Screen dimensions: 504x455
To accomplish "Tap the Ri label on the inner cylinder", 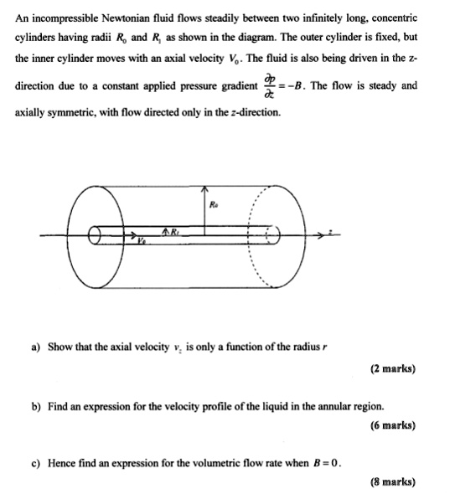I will coord(175,230).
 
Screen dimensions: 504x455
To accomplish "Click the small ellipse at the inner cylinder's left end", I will coord(99,237).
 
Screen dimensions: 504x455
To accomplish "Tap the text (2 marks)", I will coord(392,368).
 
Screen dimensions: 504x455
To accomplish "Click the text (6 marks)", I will coord(392,425).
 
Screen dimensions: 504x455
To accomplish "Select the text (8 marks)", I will coord(392,482).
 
